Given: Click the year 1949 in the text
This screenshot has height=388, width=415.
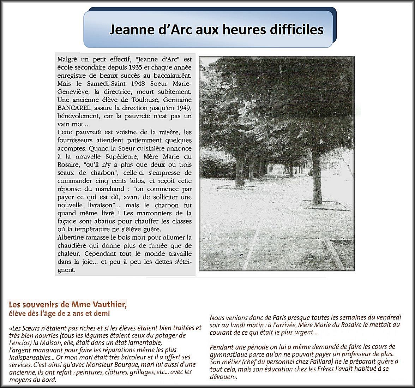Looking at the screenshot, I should click(x=182, y=108).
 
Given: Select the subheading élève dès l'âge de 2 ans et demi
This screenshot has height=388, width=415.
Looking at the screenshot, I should click(x=59, y=314).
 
